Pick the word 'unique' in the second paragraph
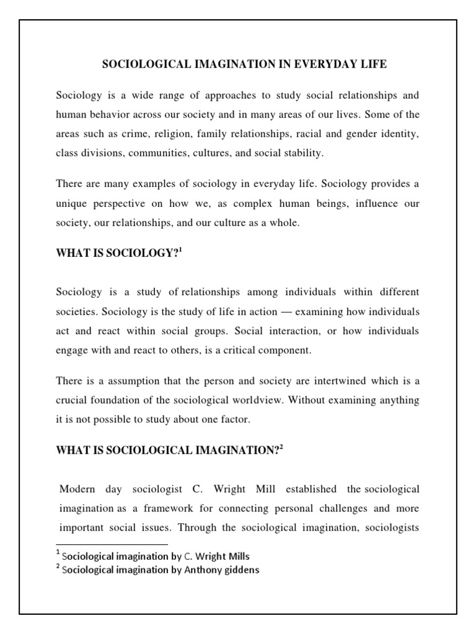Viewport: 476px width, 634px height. pyautogui.click(x=71, y=203)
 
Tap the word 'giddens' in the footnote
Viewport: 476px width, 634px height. pyautogui.click(x=242, y=570)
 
